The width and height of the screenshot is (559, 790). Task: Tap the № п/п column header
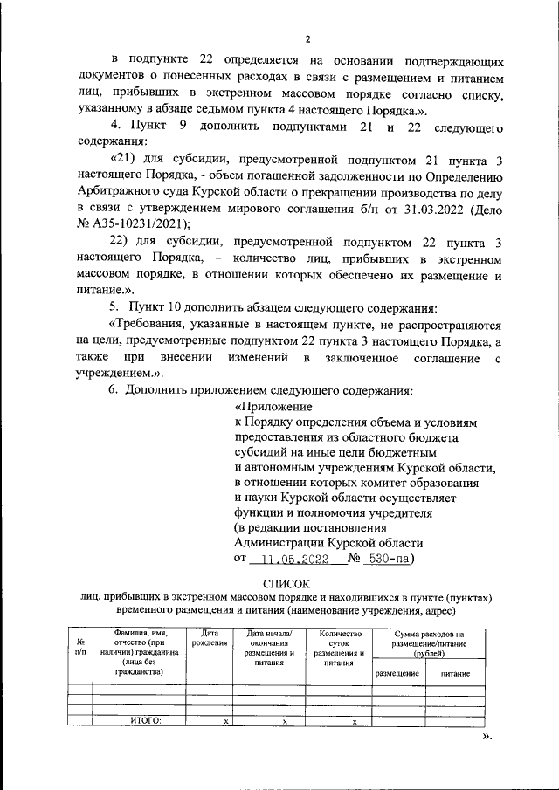click(80, 646)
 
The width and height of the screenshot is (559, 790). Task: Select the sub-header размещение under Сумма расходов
click(398, 674)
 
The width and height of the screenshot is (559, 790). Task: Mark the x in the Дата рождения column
click(225, 722)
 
